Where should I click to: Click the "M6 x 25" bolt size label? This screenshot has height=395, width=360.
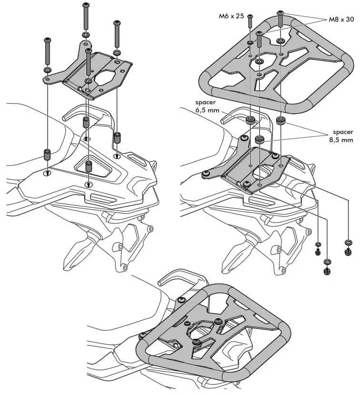click(231, 16)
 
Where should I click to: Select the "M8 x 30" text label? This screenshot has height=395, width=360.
click(341, 20)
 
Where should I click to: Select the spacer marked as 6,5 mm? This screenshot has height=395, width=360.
click(250, 120)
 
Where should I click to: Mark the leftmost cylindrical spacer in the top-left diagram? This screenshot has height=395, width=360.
click(47, 155)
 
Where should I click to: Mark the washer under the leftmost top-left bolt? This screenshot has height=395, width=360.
click(48, 71)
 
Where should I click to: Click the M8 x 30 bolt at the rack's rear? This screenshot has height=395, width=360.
click(280, 19)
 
